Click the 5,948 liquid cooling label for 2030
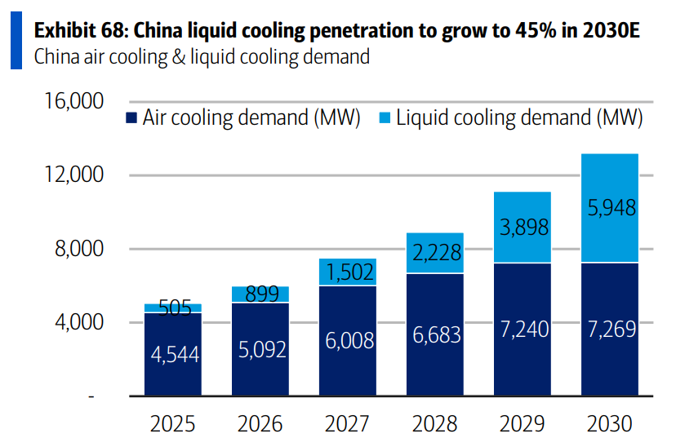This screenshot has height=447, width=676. pyautogui.click(x=611, y=208)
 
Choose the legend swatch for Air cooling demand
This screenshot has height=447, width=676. pyautogui.click(x=131, y=118)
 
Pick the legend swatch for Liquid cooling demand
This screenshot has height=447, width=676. pyautogui.click(x=383, y=118)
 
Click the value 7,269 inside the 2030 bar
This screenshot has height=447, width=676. pyautogui.click(x=611, y=330)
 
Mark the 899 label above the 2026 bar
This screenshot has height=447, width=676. pyautogui.click(x=260, y=294)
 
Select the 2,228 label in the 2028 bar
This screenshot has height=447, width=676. pyautogui.click(x=435, y=253)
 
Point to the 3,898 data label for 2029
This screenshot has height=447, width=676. pyautogui.click(x=522, y=227)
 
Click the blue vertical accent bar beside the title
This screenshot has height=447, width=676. pyautogui.click(x=16, y=42)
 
